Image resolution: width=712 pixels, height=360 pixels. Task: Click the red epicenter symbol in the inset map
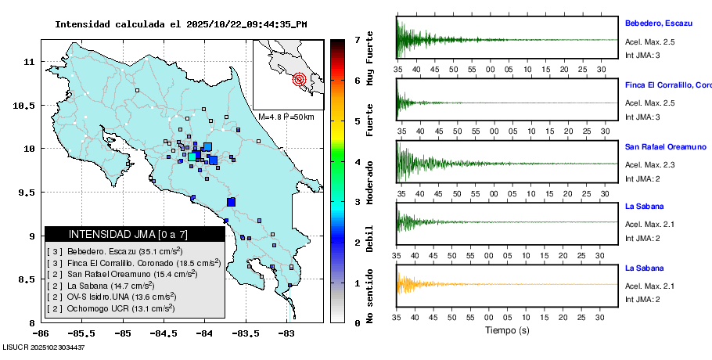point(299,79)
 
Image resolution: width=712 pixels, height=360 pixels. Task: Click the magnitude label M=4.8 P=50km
point(286,117)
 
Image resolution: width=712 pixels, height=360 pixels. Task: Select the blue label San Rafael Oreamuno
point(665,146)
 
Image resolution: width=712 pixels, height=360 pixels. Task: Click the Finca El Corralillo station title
point(667,85)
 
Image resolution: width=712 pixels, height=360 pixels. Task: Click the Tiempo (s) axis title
point(508,330)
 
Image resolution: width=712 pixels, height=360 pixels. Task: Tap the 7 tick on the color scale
point(357,39)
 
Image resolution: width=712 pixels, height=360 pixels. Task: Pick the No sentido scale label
point(370,296)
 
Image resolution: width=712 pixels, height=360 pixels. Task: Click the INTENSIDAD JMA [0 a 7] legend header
point(116,234)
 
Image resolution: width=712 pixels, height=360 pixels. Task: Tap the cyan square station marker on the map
point(192,157)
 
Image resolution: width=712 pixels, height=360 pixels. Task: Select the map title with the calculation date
point(181,24)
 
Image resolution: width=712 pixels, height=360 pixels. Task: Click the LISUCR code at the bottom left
point(43,347)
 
